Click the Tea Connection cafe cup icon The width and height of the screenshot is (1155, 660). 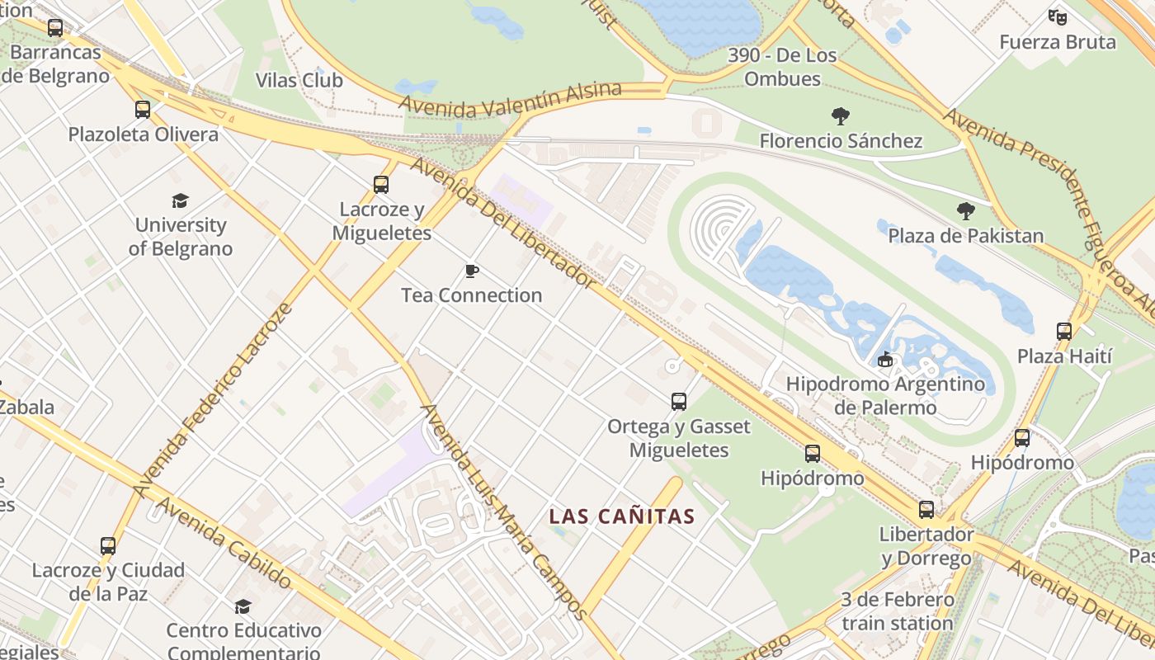point(472,271)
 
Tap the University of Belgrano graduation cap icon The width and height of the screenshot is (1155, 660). point(180,200)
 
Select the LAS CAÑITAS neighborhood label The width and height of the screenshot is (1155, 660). point(622,517)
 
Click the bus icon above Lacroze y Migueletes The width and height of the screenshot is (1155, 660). point(380,185)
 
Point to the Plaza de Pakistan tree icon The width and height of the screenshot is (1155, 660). point(965,211)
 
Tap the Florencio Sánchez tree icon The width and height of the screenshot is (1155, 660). point(841,116)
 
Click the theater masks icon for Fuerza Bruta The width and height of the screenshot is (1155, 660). point(1057,16)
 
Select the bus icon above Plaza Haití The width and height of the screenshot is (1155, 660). point(1064,332)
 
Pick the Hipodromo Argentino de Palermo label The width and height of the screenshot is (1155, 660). point(885,395)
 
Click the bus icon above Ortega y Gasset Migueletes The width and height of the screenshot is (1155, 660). point(678,402)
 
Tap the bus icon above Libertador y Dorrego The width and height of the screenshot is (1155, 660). point(926,510)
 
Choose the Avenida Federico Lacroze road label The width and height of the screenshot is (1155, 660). point(214,401)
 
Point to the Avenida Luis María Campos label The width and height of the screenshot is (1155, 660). point(504,511)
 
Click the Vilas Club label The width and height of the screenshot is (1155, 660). point(299,80)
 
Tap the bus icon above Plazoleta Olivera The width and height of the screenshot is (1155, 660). point(143,110)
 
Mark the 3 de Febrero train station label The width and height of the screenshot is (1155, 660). point(898,611)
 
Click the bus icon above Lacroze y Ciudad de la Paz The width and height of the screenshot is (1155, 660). point(108,546)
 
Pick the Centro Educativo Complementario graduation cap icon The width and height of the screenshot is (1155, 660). point(243,607)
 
